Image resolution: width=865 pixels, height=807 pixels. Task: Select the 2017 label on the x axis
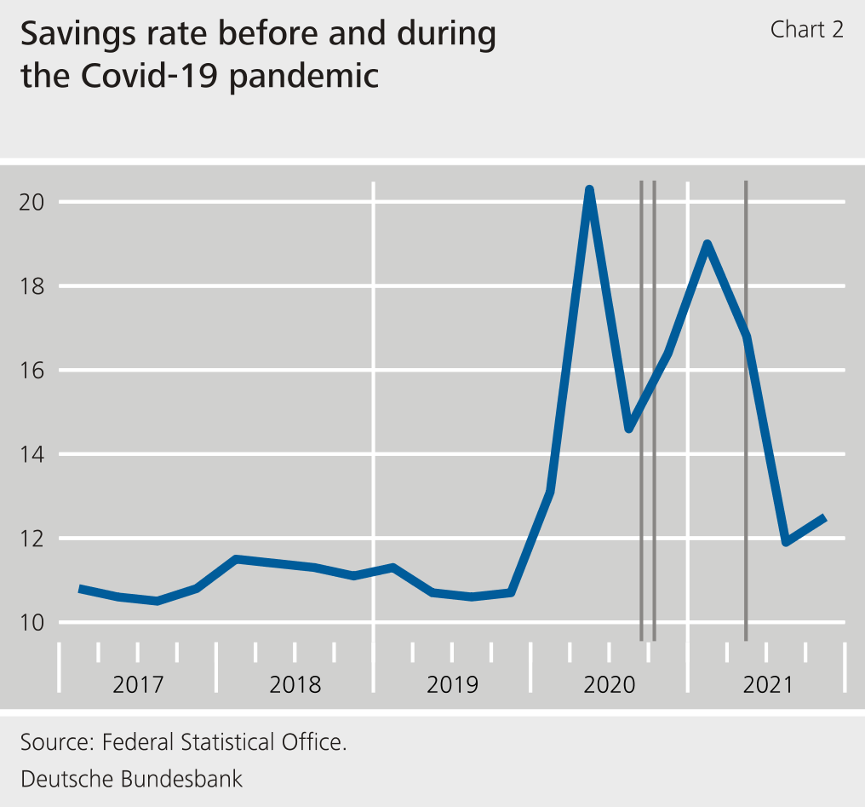(x=138, y=684)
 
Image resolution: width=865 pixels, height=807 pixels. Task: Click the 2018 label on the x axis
(x=295, y=684)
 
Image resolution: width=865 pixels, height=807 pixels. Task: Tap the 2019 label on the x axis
(x=452, y=684)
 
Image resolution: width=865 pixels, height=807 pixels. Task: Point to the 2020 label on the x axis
(x=610, y=684)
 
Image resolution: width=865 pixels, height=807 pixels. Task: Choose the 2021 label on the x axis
(x=767, y=684)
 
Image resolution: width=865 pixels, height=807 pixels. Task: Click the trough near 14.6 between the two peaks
(x=628, y=429)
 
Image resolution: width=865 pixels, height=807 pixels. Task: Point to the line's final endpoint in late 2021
(x=824, y=517)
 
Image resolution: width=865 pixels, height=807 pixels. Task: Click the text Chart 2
(x=806, y=30)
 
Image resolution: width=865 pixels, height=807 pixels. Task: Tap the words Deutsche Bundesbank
(x=132, y=778)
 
